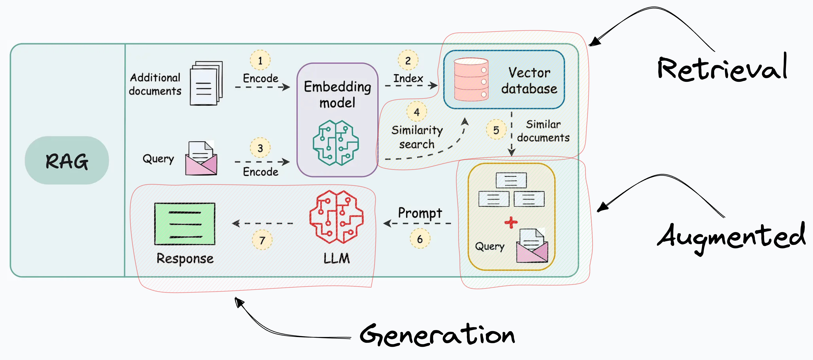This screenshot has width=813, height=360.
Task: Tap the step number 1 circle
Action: coord(260,60)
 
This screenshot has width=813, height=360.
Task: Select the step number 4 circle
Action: coord(417,112)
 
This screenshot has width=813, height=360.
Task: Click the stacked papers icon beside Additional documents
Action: coord(206,83)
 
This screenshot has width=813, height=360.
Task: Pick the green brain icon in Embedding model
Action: coord(336,143)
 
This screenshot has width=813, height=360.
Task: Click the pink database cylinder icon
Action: coord(471,79)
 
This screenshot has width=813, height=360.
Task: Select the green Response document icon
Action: coord(185,224)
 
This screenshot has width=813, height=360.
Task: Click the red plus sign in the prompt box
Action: coord(511,222)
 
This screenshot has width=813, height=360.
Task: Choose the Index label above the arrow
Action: coord(408,78)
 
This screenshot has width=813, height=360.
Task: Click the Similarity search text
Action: coord(417,137)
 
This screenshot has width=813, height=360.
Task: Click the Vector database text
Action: coord(529,80)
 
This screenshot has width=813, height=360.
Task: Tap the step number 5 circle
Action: coord(496,130)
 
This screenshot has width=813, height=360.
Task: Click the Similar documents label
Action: coord(543,131)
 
